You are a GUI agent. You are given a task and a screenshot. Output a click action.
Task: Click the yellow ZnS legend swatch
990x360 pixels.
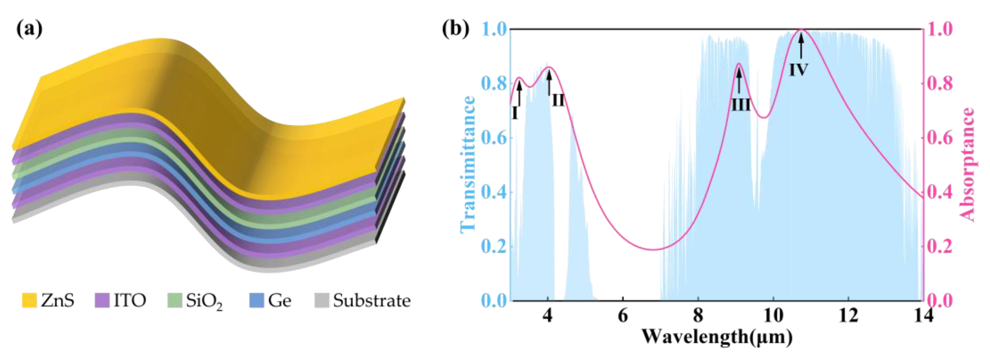[x=29, y=300]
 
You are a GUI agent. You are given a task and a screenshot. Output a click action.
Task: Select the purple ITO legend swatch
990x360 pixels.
[x=102, y=300]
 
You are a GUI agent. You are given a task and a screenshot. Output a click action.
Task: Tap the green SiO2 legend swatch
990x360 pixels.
[x=175, y=300]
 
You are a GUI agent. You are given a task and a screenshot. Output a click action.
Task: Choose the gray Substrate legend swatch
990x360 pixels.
[x=322, y=300]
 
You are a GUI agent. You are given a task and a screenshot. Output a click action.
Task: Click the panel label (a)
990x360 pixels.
[x=29, y=29]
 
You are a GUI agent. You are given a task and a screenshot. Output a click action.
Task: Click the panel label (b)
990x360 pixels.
[x=456, y=29]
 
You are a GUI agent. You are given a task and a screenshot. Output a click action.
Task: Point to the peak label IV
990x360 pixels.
[x=798, y=70]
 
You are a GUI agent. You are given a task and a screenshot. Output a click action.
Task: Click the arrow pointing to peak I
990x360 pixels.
[x=519, y=94]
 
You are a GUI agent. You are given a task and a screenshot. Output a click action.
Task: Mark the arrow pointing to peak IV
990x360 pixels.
[x=801, y=46]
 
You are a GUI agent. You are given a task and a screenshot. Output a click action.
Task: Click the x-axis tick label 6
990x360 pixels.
[x=623, y=316]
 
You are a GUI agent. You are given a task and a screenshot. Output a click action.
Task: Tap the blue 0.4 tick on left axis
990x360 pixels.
[x=493, y=192]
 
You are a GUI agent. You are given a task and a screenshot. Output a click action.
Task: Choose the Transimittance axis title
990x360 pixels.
[x=467, y=164]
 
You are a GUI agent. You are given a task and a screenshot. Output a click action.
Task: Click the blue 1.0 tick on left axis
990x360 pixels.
[x=493, y=30]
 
